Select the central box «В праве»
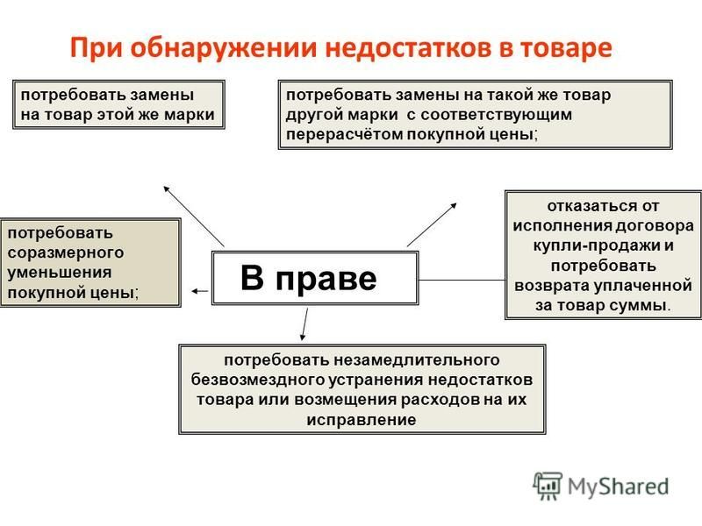click(315, 278)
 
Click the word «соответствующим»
click(496, 115)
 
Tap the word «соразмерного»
click(66, 253)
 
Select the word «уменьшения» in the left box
click(60, 273)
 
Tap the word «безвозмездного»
click(258, 380)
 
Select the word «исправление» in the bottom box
click(362, 420)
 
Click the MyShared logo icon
click(547, 487)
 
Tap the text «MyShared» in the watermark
click(619, 487)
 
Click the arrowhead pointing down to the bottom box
click(303, 337)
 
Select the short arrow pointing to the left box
click(200, 291)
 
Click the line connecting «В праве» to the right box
click(462, 280)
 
